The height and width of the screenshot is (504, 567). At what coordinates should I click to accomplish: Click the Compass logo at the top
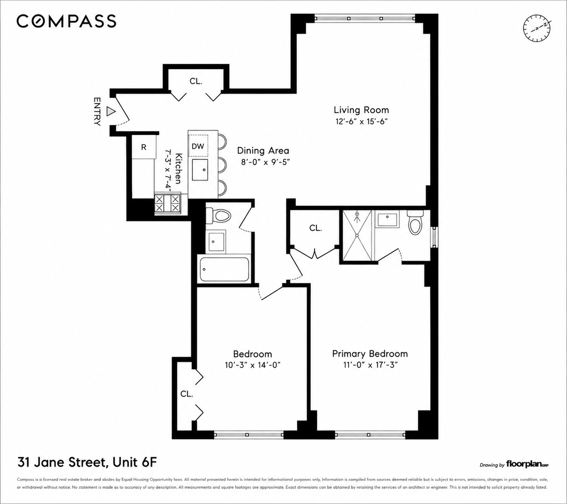tap(66, 21)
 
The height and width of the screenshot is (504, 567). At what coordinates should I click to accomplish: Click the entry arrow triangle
tap(112, 111)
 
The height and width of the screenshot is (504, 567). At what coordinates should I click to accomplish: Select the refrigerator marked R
tap(144, 147)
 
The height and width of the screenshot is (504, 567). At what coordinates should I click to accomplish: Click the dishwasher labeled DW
tap(198, 146)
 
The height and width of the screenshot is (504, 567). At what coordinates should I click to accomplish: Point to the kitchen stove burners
tap(167, 204)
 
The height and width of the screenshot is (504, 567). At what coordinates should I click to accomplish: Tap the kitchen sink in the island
tap(200, 170)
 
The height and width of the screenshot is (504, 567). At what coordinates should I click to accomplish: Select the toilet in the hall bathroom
tap(218, 216)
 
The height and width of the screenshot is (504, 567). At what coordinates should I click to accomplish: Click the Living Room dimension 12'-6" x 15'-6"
tap(361, 122)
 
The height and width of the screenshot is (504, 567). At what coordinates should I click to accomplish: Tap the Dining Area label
tap(263, 151)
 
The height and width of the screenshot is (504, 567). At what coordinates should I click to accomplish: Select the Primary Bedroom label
tap(369, 354)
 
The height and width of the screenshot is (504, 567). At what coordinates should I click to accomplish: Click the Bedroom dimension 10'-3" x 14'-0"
tap(252, 365)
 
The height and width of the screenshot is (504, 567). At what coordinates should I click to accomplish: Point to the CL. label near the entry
tap(196, 81)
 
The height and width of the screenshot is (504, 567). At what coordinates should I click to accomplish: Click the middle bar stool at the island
tap(222, 165)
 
